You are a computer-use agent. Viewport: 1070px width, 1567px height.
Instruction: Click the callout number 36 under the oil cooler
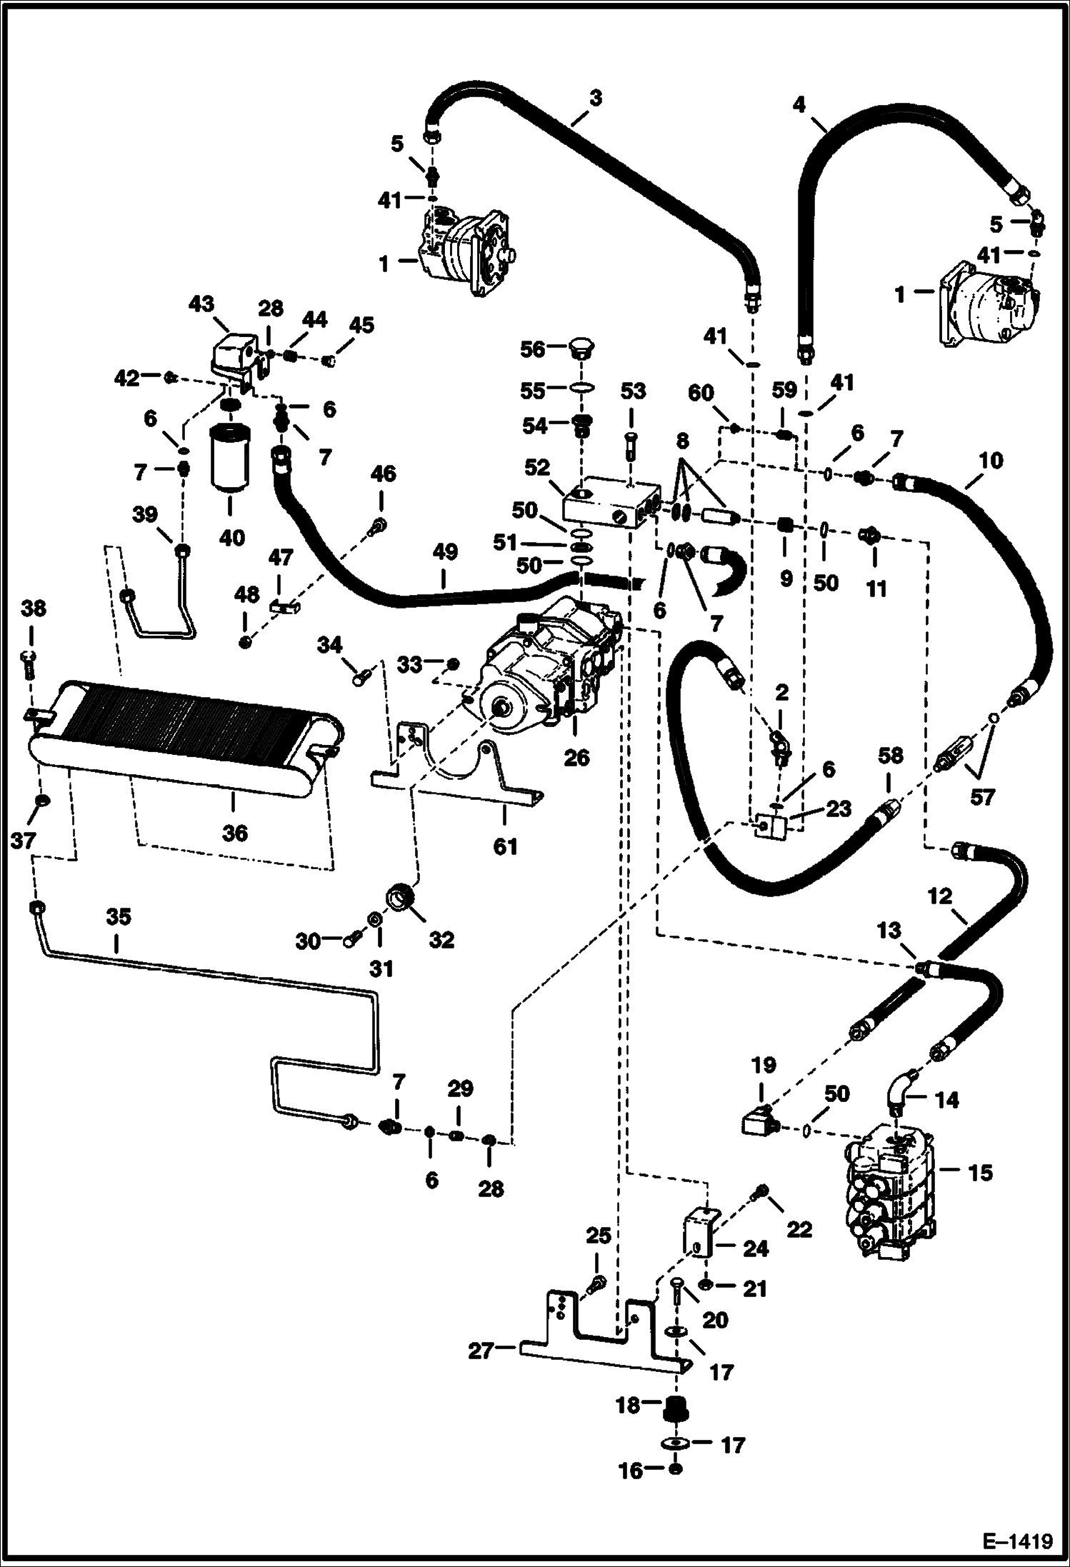(234, 833)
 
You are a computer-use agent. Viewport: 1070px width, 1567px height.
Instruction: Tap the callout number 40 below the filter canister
(231, 536)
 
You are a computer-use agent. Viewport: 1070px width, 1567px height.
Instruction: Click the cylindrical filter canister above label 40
(229, 460)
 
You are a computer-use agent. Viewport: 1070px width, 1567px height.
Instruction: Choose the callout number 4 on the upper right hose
(799, 105)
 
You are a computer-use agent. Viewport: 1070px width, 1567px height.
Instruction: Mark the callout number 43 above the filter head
(201, 304)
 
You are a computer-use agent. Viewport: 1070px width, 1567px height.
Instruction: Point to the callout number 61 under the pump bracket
(505, 846)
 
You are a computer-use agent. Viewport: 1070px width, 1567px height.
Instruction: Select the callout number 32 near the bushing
(441, 940)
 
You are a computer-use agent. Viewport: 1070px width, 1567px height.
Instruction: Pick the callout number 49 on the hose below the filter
(444, 552)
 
